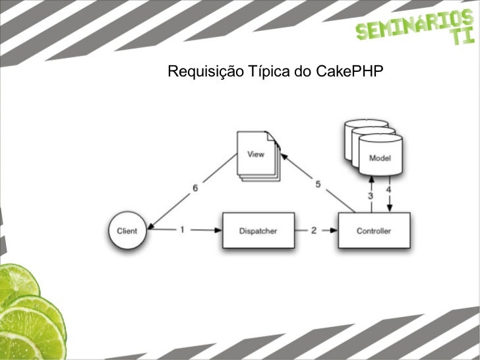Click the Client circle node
tap(127, 231)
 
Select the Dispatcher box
tap(258, 231)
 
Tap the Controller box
tap(374, 231)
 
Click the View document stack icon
tap(257, 156)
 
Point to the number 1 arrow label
tap(183, 230)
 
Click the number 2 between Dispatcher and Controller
tap(314, 230)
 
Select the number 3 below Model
tap(370, 196)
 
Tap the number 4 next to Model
tap(389, 191)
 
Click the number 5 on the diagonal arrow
tap(318, 184)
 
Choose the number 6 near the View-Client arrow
tap(195, 188)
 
